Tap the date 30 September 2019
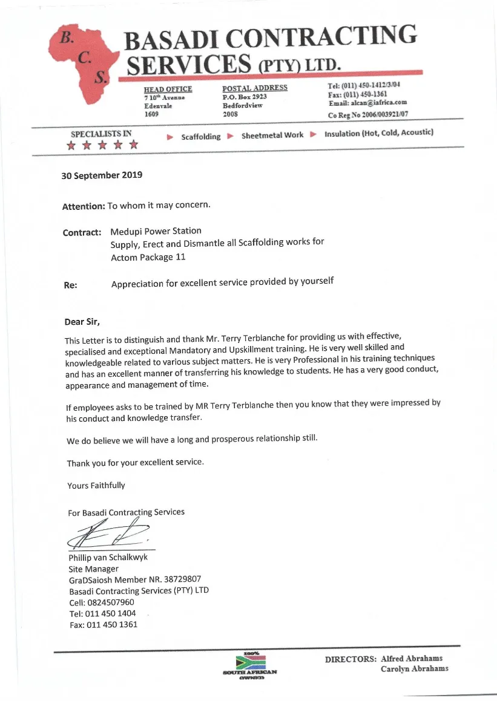102,175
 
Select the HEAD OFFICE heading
168,90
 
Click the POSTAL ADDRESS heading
254,88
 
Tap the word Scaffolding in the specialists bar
201,137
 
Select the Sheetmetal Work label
272,135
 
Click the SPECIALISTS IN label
101,134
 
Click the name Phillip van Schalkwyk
108,558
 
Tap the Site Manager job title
93,569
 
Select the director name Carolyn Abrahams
415,669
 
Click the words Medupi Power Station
156,231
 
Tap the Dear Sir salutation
82,322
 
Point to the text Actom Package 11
148,257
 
